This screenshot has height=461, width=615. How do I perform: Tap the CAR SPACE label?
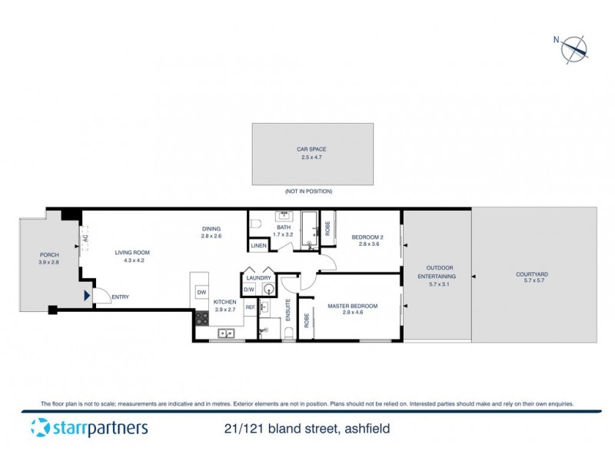[x=312, y=151]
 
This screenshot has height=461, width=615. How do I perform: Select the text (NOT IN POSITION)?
[x=312, y=190]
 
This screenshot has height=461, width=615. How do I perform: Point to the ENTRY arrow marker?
[x=87, y=294]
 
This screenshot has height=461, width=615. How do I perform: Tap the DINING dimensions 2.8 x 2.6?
[x=211, y=236]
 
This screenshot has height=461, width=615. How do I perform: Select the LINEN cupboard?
[x=258, y=245]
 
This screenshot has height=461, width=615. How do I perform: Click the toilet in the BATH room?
[x=259, y=224]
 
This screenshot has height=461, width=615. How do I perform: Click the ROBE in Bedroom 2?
[x=328, y=227]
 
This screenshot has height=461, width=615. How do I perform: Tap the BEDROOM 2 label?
[x=366, y=237]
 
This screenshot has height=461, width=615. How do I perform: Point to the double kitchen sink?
[x=226, y=333]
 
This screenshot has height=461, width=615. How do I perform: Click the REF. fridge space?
[x=250, y=307]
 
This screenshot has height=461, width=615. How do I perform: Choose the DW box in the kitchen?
[x=201, y=293]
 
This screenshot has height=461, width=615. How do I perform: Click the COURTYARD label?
[x=534, y=274]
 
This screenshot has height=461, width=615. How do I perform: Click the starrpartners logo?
[x=88, y=428]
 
